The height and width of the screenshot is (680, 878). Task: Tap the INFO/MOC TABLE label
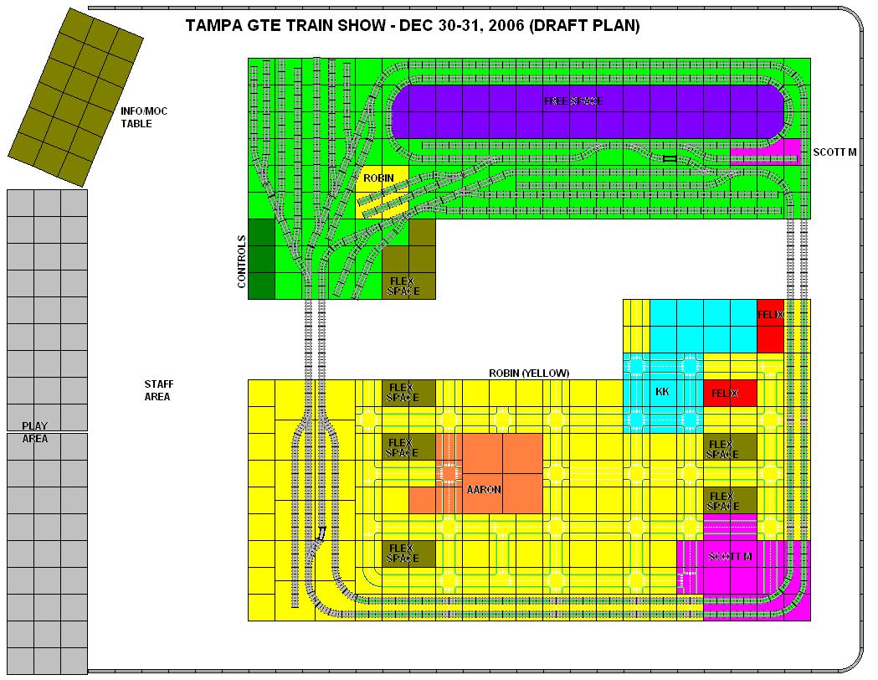144,117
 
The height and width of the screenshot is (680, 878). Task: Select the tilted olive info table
75,97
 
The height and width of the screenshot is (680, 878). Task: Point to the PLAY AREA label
34,432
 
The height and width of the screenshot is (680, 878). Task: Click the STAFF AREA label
158,390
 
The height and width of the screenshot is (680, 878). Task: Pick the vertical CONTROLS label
242,261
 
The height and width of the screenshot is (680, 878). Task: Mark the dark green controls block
261,259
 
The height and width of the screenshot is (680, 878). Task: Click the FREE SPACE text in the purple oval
573,100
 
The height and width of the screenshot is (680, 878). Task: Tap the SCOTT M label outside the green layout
834,152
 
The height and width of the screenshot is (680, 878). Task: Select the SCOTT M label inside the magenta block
730,556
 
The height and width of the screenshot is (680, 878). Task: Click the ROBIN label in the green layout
378,178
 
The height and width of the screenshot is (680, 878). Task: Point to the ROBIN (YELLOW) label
529,373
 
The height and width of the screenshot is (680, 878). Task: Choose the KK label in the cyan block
662,392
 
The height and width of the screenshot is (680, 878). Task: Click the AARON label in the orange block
484,490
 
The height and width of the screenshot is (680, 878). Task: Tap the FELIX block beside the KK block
730,394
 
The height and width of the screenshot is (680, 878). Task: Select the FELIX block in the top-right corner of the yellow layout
770,326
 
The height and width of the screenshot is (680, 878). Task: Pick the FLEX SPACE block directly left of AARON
408,447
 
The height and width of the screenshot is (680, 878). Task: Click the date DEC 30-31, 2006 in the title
461,26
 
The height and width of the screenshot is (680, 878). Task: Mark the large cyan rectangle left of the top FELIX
703,326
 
